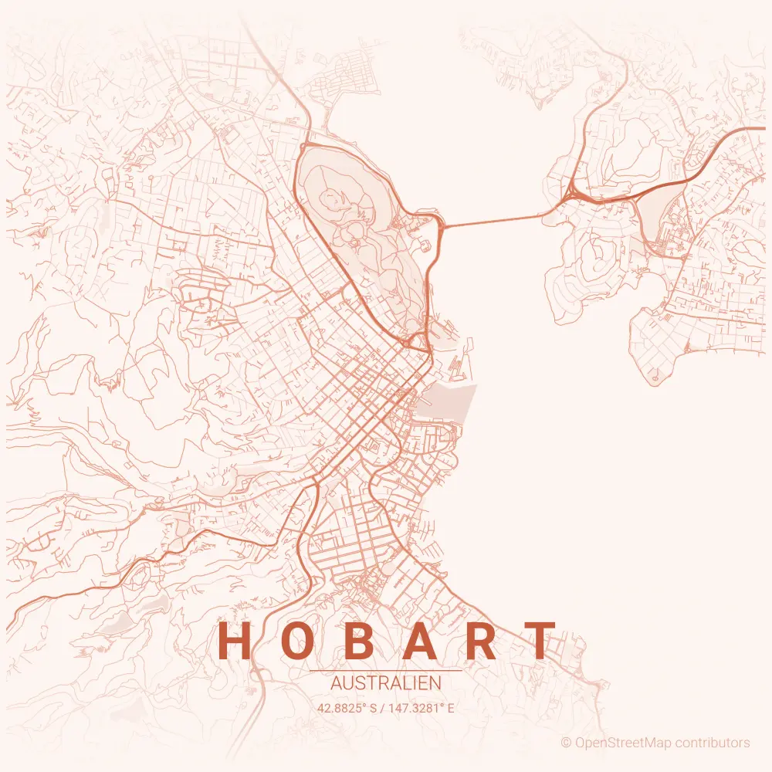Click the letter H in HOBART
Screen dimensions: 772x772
pos(235,642)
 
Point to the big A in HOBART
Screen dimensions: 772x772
pos(420,642)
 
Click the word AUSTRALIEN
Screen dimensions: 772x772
pos(385,684)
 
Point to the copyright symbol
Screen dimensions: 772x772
pos(566,743)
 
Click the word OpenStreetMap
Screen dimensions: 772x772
pos(623,743)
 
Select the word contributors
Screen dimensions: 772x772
pos(712,743)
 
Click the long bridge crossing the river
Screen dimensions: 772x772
pos(494,221)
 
